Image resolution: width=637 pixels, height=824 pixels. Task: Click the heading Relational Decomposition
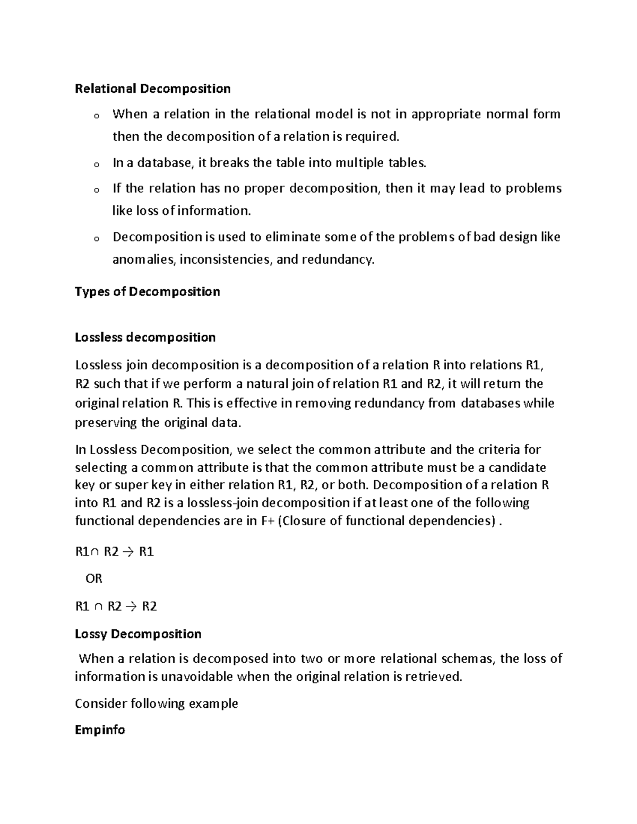152,89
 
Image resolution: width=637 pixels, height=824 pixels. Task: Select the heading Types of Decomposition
147,292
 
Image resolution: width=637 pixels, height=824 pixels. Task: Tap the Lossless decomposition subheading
145,337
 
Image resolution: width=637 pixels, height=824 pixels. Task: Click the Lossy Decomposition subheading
138,634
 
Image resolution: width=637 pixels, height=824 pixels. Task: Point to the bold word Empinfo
100,730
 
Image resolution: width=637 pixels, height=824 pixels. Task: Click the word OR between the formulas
94,579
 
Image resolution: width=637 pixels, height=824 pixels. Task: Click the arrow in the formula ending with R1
129,552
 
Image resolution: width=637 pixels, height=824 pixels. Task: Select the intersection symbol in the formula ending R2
98,606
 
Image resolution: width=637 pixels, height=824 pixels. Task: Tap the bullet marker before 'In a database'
96,164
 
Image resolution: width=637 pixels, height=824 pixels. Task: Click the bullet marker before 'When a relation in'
96,116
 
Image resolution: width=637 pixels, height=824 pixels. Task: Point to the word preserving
106,423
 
